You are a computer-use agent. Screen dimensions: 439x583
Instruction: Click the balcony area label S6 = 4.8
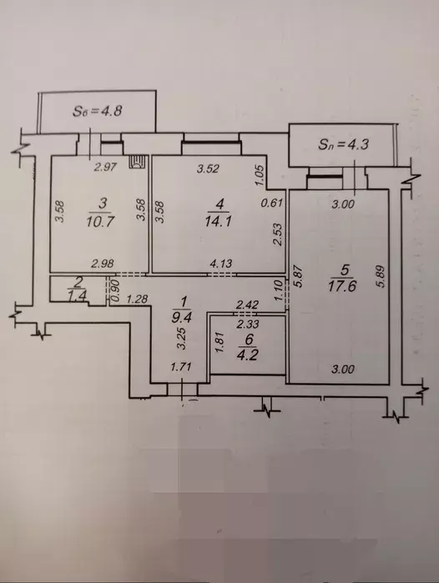(98, 111)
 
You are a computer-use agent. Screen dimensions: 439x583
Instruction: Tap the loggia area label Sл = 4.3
(343, 144)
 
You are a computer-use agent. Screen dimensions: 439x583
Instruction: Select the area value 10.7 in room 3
(99, 222)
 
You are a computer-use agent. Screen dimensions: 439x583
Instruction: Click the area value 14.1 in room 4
(219, 222)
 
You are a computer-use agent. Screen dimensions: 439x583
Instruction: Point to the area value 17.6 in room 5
(343, 287)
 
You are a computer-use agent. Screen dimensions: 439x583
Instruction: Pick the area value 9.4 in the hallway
(185, 317)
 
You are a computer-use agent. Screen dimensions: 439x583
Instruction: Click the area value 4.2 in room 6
(248, 355)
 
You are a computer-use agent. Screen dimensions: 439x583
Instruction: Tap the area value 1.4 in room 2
(78, 295)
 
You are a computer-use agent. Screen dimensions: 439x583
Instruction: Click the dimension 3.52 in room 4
(209, 168)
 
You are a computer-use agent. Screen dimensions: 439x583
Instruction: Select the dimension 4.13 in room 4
(221, 264)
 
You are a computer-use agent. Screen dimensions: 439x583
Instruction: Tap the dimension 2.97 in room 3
(105, 168)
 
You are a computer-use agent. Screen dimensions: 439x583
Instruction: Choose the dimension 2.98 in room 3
(103, 264)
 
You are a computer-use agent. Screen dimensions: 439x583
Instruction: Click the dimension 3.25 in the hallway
(181, 338)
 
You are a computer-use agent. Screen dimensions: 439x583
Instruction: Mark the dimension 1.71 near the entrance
(181, 367)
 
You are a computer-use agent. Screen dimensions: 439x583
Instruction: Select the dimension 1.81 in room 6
(219, 343)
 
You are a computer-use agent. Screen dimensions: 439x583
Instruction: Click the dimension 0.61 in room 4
(272, 203)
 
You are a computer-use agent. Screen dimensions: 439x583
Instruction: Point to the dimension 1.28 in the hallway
(137, 299)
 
